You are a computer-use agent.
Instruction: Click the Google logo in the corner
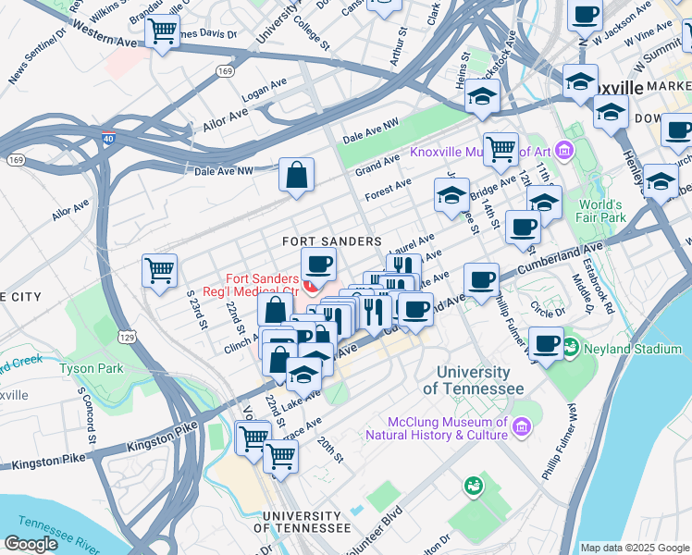pyautogui.click(x=31, y=543)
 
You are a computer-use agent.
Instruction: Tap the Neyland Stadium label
pyautogui.click(x=635, y=350)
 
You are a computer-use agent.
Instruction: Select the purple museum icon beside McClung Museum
pyautogui.click(x=522, y=426)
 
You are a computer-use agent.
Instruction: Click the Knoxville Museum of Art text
pyautogui.click(x=482, y=153)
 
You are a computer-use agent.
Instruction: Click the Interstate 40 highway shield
pyautogui.click(x=108, y=139)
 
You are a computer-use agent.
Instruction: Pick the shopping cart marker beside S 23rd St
pyautogui.click(x=160, y=270)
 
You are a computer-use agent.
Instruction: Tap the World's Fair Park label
pyautogui.click(x=602, y=211)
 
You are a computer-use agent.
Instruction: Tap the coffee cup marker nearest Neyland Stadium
pyautogui.click(x=547, y=342)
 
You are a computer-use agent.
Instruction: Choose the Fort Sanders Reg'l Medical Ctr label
pyautogui.click(x=263, y=285)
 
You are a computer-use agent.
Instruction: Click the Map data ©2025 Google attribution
pyautogui.click(x=635, y=548)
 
